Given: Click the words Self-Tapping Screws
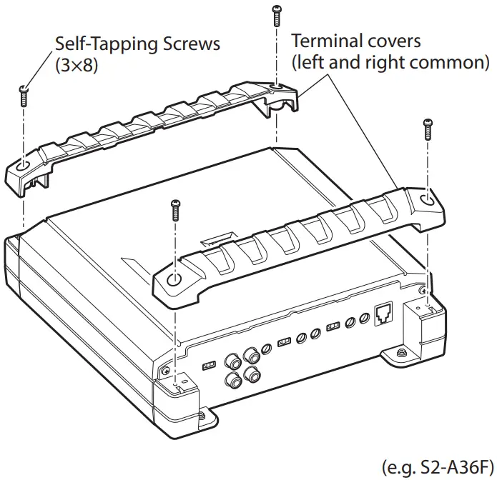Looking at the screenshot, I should click(x=137, y=44).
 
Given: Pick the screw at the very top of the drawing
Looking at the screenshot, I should click(x=275, y=15).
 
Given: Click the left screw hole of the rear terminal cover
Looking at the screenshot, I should click(x=24, y=166).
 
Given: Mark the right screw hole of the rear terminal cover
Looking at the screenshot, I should click(x=276, y=89).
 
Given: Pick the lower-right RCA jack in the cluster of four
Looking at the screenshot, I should click(x=251, y=373).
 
